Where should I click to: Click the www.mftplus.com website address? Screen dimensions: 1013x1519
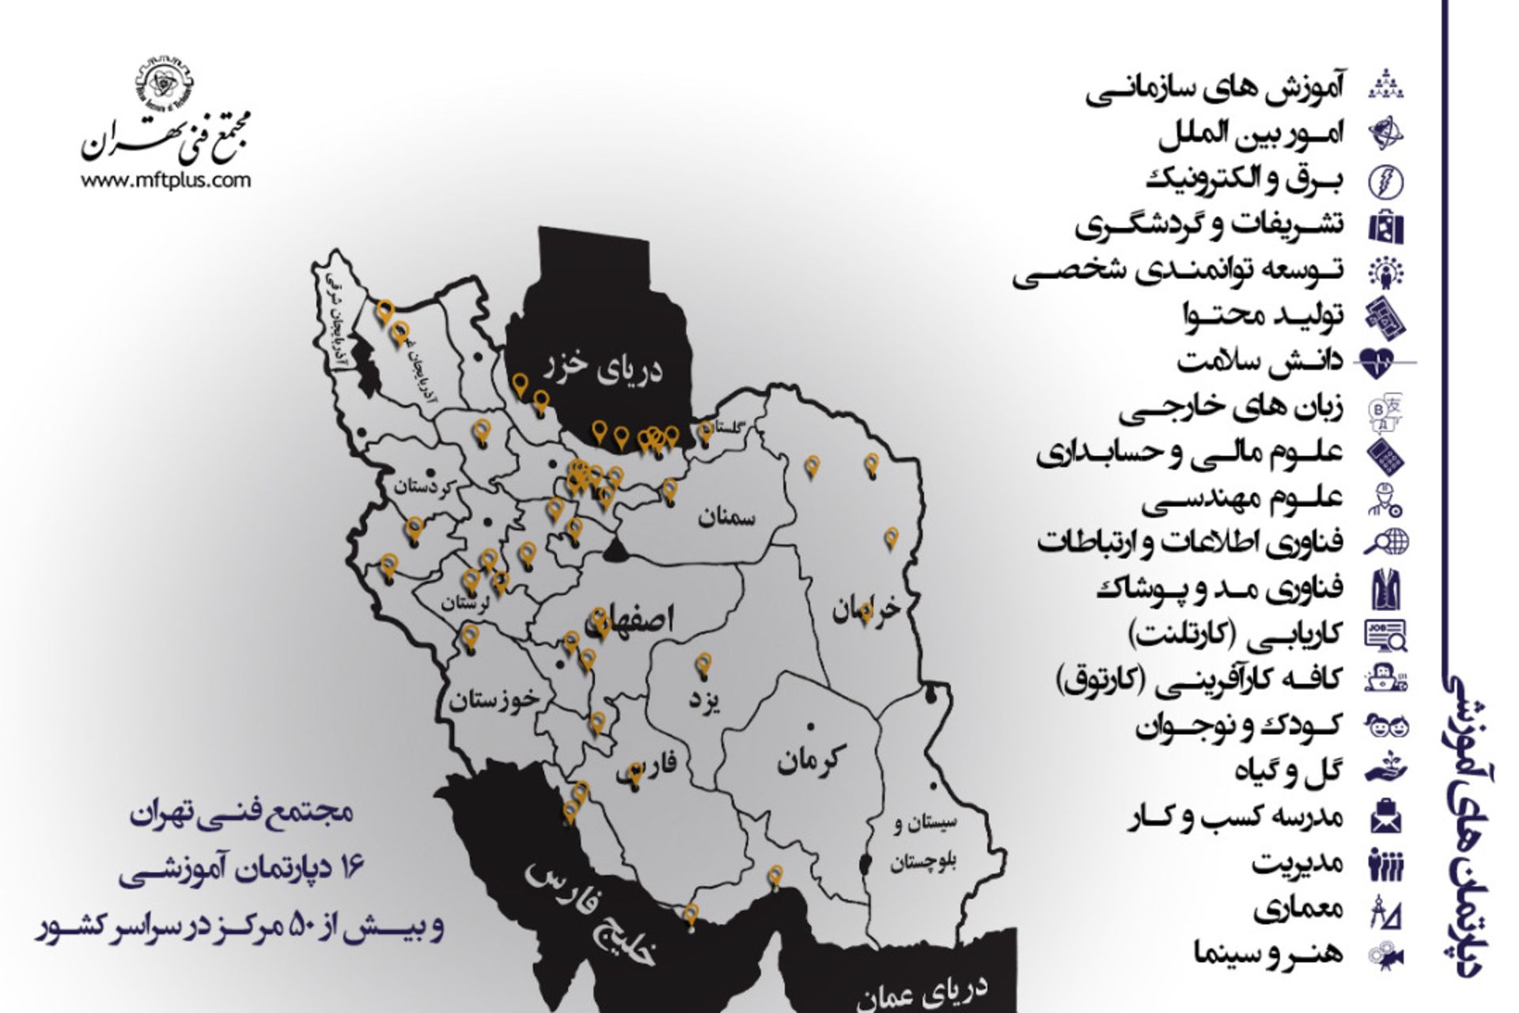[165, 180]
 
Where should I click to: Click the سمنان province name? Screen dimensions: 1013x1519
[726, 518]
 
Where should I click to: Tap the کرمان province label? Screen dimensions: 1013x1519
[811, 759]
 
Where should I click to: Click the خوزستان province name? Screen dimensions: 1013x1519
[494, 700]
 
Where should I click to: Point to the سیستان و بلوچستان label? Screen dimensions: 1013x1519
[923, 842]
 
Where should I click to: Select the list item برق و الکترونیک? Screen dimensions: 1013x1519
[1244, 180]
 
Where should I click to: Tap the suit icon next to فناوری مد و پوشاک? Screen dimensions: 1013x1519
[1385, 588]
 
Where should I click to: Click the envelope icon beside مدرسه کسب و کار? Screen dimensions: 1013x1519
[1385, 817]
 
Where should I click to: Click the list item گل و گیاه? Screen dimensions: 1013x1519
[1289, 770]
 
